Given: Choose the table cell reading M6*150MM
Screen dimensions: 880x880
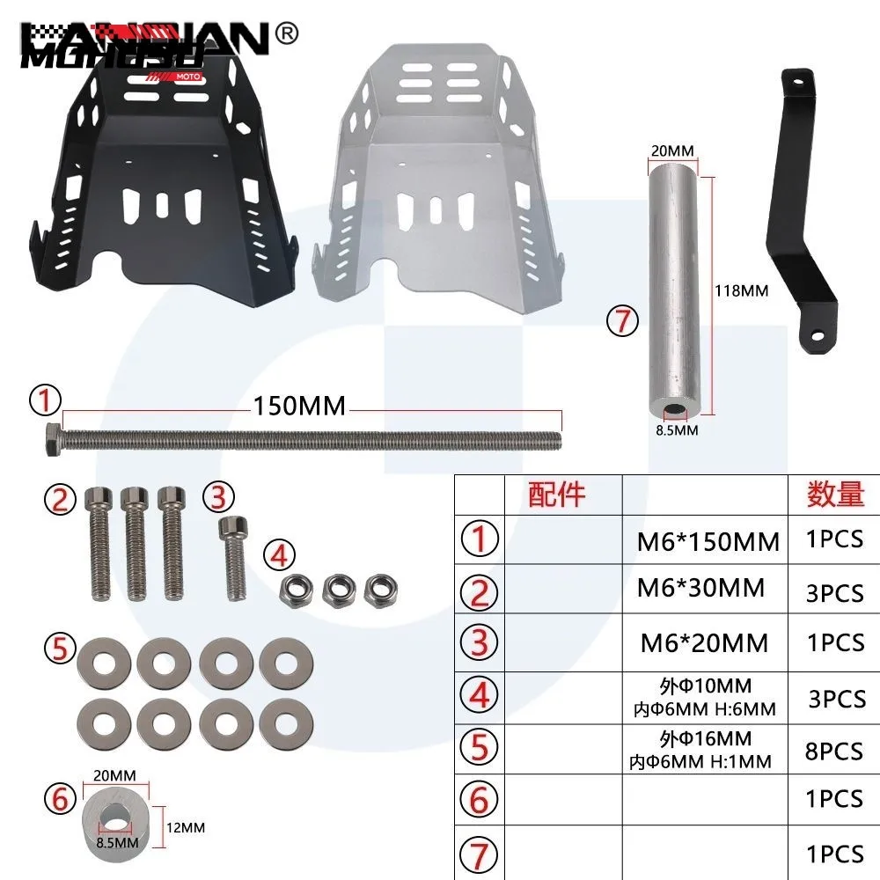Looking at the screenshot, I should [708, 542].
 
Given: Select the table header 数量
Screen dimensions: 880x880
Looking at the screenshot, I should [835, 495].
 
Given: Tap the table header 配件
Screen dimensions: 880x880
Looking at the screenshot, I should [556, 495].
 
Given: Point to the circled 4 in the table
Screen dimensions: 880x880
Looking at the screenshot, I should [479, 695].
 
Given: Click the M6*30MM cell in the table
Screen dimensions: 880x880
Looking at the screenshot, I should [700, 587].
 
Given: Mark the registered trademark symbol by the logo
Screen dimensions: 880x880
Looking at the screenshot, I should [288, 32].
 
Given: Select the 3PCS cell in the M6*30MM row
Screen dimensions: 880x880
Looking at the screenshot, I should [835, 593].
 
